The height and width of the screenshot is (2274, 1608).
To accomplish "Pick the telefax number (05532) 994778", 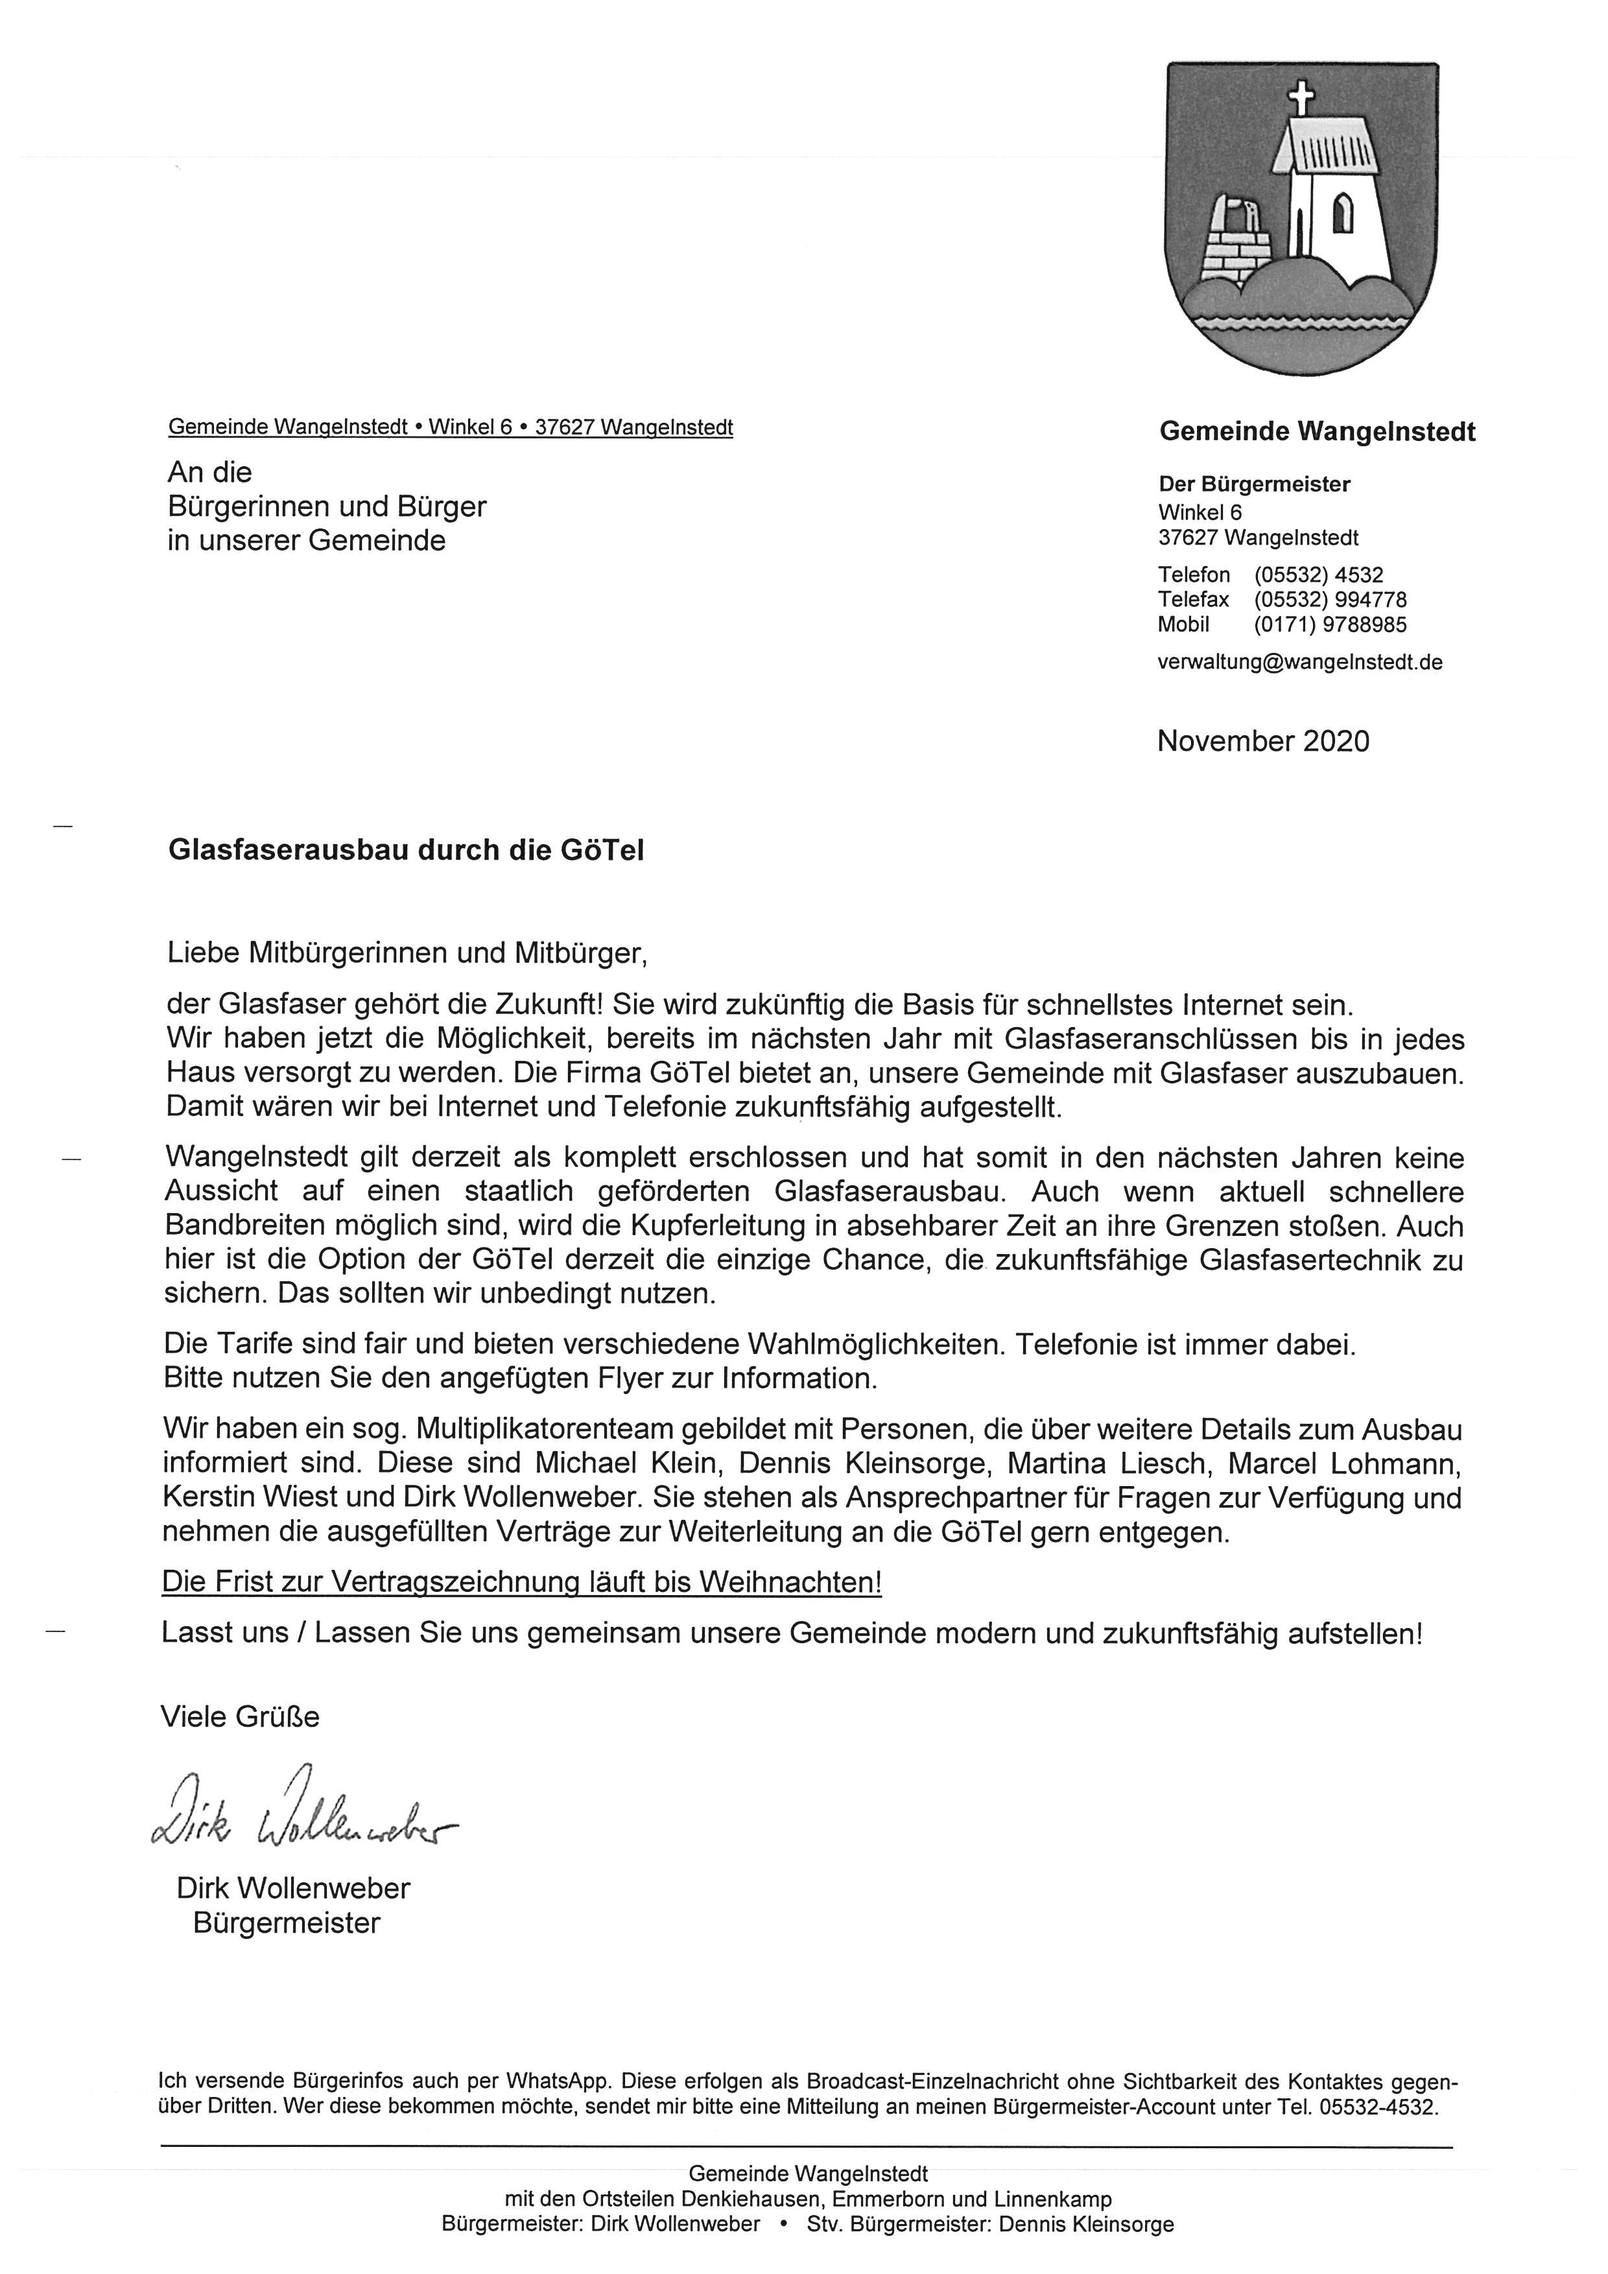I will coord(1330,599).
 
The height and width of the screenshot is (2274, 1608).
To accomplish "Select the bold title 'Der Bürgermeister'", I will coord(1255,484).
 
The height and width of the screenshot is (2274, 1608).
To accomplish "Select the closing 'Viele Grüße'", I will coord(240,1716).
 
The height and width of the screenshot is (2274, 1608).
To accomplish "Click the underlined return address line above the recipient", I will coord(451,428).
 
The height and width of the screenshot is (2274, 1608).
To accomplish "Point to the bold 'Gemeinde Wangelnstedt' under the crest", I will coord(1317,432).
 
